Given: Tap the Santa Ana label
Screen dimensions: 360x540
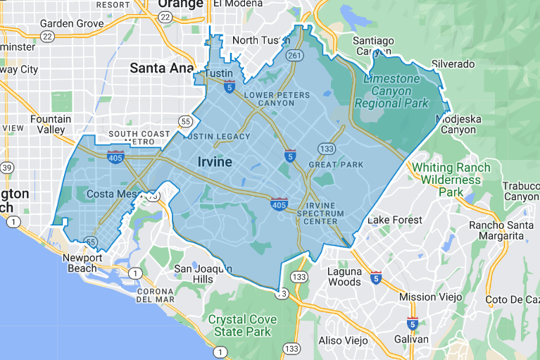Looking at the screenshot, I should tap(162, 68).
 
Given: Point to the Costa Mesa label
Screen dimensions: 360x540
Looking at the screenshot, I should tap(111, 194).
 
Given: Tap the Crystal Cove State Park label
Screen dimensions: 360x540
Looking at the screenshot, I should tap(242, 325).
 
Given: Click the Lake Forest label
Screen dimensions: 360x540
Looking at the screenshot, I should tap(395, 220).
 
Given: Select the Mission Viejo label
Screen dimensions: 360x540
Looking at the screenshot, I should tap(427, 297).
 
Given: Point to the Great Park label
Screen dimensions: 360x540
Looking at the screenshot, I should tap(336, 165).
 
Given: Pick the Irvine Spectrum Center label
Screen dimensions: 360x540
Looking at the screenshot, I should tap(320, 213).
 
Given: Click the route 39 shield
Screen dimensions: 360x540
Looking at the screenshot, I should tap(7, 168).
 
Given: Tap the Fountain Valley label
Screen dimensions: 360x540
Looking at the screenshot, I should tap(51, 125).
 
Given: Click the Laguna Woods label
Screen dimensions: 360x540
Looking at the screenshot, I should tap(344, 277).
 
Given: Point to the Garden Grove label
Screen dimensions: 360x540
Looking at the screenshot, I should tap(71, 23).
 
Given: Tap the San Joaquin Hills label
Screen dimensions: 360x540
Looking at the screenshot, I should tap(203, 274).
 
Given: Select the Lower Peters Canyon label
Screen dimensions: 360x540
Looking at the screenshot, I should tap(276, 99).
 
